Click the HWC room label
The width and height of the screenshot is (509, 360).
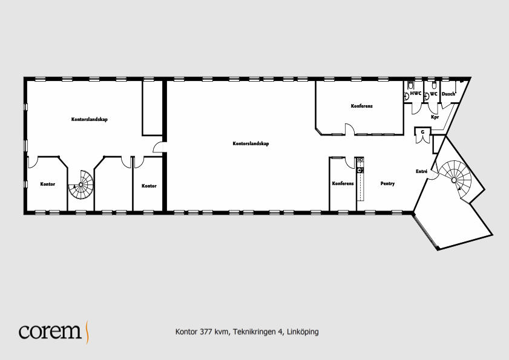click(416, 94)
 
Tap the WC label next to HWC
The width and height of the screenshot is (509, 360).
click(434, 94)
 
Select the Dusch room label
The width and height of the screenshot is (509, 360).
click(448, 94)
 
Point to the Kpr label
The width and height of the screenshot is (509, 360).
click(435, 117)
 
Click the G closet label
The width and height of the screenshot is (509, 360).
click(422, 132)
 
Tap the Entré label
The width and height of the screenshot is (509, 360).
click(422, 171)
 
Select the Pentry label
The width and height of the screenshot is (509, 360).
click(387, 184)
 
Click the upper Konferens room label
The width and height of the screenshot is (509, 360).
click(361, 106)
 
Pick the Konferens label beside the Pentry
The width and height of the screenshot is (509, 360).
click(343, 183)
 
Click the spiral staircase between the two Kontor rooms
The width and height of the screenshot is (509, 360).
click(81, 185)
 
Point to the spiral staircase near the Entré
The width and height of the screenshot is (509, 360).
click(454, 179)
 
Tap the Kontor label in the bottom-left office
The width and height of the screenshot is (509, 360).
click(48, 184)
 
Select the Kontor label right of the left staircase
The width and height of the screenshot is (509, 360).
click(149, 186)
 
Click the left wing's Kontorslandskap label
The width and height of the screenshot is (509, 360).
click(89, 119)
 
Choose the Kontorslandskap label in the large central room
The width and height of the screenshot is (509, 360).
click(251, 143)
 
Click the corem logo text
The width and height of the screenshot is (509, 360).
click(50, 331)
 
